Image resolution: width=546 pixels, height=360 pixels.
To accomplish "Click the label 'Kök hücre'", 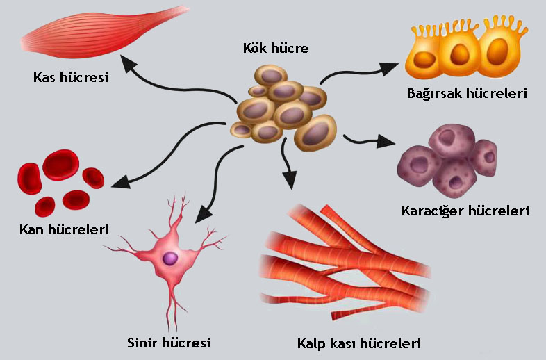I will pyautogui.click(x=276, y=49).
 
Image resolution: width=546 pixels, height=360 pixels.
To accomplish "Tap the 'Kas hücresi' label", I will pyautogui.click(x=71, y=77).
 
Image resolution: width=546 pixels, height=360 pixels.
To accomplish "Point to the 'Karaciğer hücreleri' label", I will pyautogui.click(x=465, y=211).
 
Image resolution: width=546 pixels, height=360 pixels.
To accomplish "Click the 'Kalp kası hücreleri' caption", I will pyautogui.click(x=358, y=343).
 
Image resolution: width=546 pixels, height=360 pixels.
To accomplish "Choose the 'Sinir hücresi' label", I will pyautogui.click(x=169, y=342).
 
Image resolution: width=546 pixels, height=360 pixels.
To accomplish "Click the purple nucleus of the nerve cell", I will pyautogui.click(x=170, y=259).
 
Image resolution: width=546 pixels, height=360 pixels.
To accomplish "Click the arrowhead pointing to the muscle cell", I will pyautogui.click(x=128, y=65).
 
